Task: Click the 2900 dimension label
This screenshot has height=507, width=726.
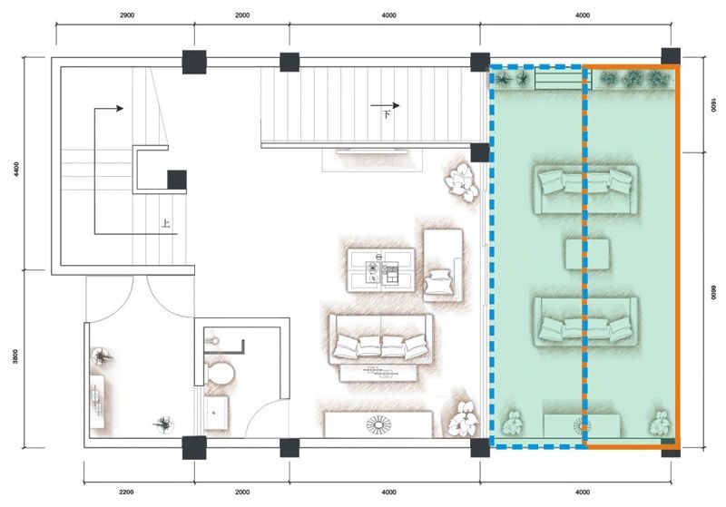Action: click(127, 15)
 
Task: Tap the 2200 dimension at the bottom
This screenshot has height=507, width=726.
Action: click(126, 492)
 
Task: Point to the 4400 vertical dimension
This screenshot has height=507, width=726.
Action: click(16, 169)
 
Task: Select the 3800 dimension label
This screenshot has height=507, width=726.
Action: click(15, 356)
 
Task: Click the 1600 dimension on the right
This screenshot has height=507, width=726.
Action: click(713, 105)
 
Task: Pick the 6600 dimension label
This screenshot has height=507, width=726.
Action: click(713, 292)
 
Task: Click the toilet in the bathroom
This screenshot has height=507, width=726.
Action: click(219, 373)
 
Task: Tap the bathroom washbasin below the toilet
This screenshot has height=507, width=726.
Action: click(216, 412)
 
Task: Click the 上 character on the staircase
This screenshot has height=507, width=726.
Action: click(165, 224)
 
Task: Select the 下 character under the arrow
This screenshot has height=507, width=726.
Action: click(386, 114)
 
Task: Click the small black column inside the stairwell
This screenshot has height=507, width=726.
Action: click(177, 180)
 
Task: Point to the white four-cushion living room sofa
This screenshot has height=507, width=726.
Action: click(380, 339)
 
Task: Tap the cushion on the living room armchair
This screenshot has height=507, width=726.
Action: click(438, 282)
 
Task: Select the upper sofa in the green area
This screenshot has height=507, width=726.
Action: click(585, 190)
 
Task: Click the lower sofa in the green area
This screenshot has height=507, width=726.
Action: click(585, 322)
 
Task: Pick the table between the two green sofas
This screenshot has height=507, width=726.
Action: click(587, 254)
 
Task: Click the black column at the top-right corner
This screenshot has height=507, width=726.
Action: click(671, 56)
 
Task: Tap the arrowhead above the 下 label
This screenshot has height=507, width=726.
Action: click(396, 105)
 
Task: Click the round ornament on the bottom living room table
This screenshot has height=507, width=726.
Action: click(378, 424)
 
